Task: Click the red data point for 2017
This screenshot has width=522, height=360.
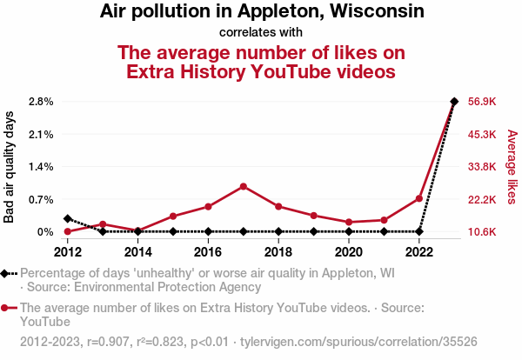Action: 244,186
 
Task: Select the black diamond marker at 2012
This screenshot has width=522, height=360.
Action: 68,218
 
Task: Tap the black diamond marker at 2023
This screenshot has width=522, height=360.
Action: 454,101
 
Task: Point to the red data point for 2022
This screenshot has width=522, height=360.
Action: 419,198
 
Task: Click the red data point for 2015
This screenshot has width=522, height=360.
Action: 173,216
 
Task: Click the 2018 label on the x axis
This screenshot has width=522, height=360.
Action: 278,252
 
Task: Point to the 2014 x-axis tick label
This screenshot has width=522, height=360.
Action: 137,252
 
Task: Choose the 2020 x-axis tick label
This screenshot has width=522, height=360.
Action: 349,252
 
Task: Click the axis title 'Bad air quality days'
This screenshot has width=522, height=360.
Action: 10,167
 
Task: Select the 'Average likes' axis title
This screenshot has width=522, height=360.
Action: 512,167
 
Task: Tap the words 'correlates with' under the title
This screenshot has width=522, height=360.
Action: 261,33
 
